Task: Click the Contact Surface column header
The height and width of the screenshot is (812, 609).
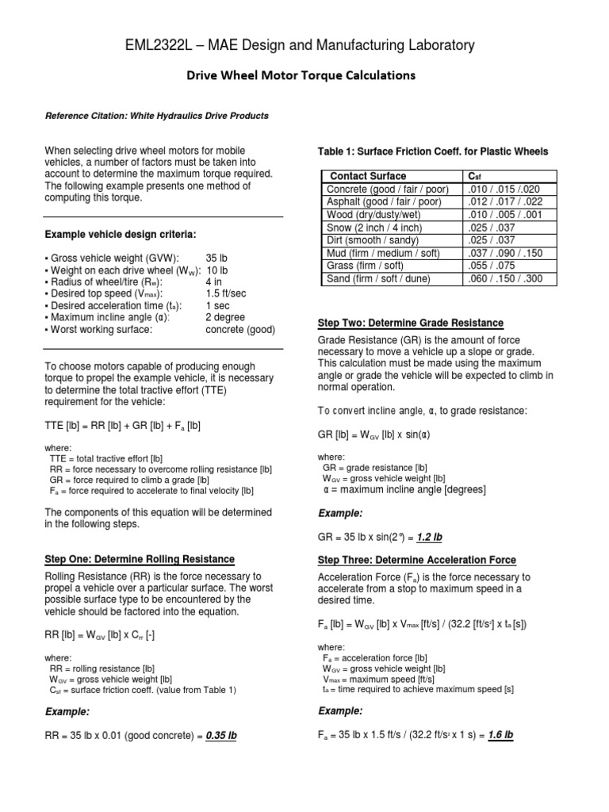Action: click(368, 176)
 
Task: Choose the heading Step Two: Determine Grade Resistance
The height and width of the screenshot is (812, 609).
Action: click(410, 323)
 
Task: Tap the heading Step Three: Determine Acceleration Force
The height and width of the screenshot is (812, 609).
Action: click(416, 560)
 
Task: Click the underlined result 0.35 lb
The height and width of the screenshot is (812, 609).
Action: click(221, 735)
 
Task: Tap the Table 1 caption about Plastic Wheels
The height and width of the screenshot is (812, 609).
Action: click(432, 151)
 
